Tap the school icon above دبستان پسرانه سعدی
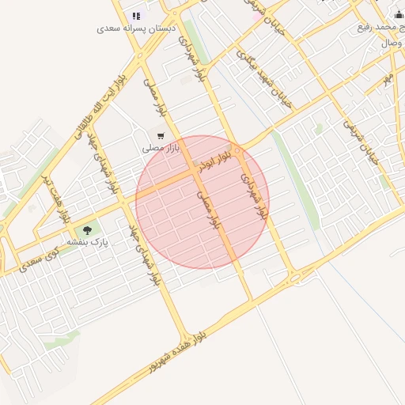(x=136, y=15)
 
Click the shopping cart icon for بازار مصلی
(x=161, y=136)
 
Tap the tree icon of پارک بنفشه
(x=87, y=230)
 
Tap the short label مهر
(x=388, y=79)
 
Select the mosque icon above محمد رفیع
(x=399, y=15)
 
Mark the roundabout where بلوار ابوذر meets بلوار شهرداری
(x=237, y=150)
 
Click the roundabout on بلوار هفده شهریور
(x=295, y=276)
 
